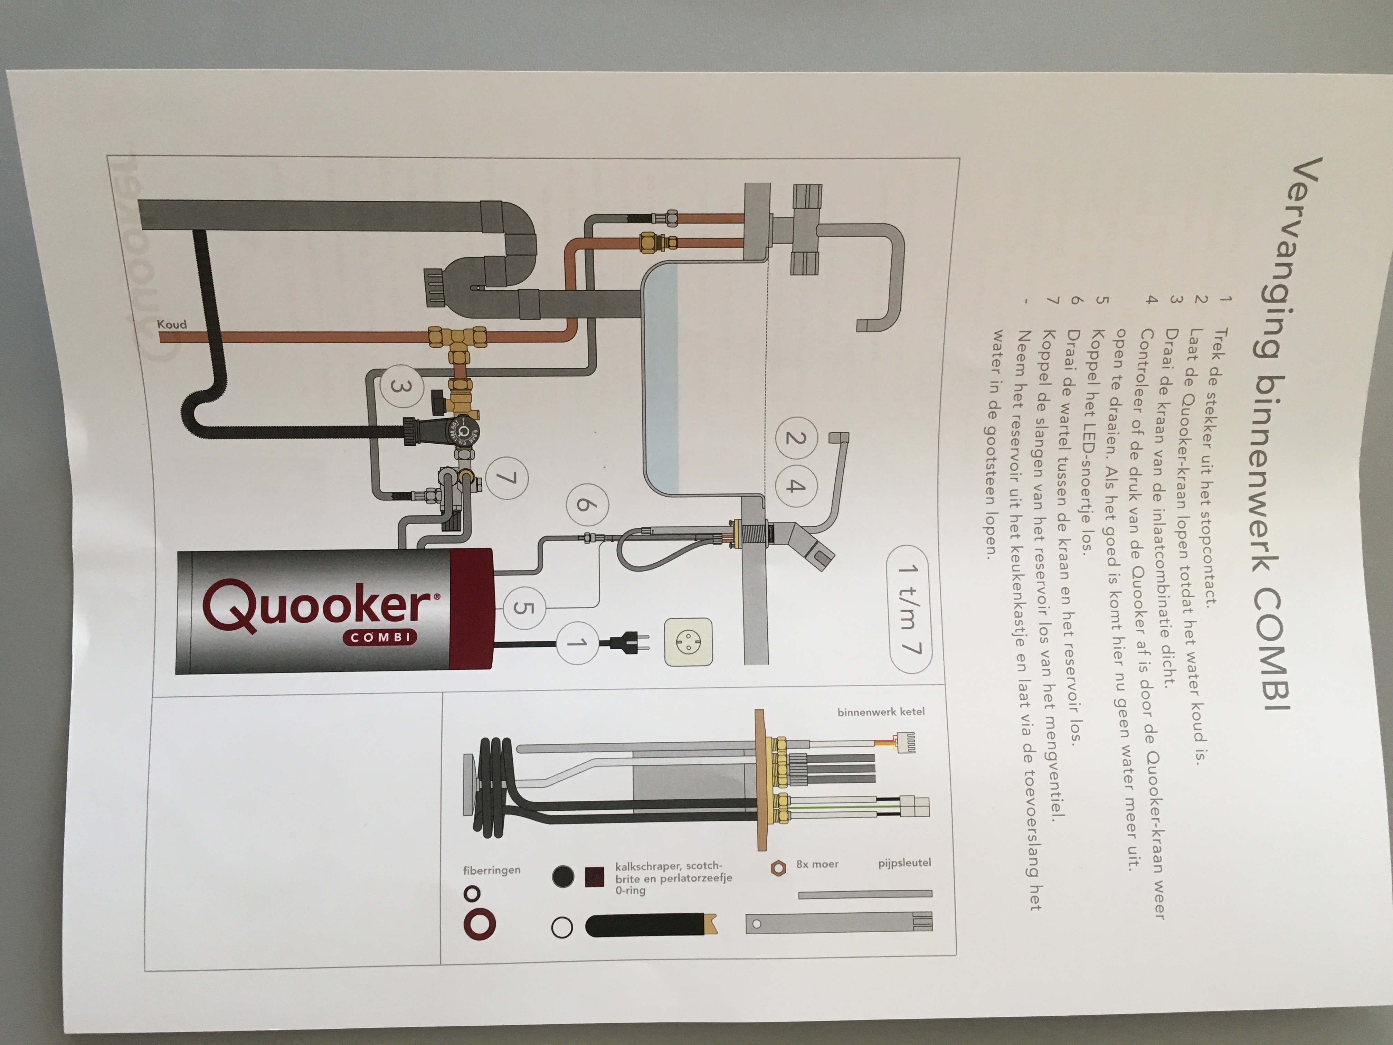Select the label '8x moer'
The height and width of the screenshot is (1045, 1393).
tap(817, 864)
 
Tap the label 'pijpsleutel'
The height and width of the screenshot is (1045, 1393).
tap(904, 863)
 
